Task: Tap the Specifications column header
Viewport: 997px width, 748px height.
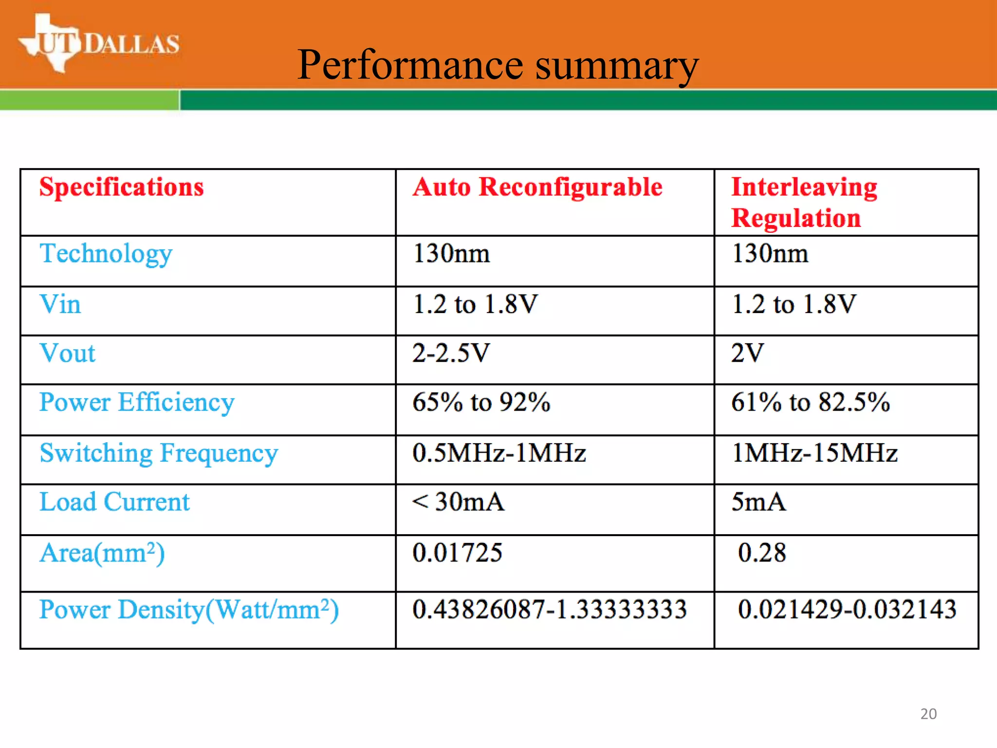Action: pos(122,187)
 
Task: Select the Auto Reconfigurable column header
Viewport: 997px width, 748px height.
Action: pos(537,187)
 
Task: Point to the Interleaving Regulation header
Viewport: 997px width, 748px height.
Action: pos(804,202)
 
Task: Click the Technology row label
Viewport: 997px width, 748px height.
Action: pos(106,254)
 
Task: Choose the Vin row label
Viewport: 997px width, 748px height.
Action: pos(60,305)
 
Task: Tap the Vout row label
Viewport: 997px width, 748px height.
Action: pos(68,354)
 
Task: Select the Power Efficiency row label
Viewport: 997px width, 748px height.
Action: pos(137,403)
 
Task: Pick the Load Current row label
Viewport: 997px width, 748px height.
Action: pos(114,502)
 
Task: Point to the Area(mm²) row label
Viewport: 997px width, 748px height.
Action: pos(102,554)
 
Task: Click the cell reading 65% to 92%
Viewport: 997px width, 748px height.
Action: pos(481,403)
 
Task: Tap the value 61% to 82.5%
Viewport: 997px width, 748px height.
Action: pos(811,403)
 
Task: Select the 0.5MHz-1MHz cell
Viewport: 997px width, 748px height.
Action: pos(499,453)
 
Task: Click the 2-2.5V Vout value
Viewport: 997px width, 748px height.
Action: pos(451,354)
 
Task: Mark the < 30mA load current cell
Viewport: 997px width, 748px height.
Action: pos(458,502)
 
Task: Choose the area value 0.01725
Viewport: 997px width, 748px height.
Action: pos(457,553)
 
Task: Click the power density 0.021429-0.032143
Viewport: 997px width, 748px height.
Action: pos(847,610)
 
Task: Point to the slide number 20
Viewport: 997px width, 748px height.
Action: pos(928,714)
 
